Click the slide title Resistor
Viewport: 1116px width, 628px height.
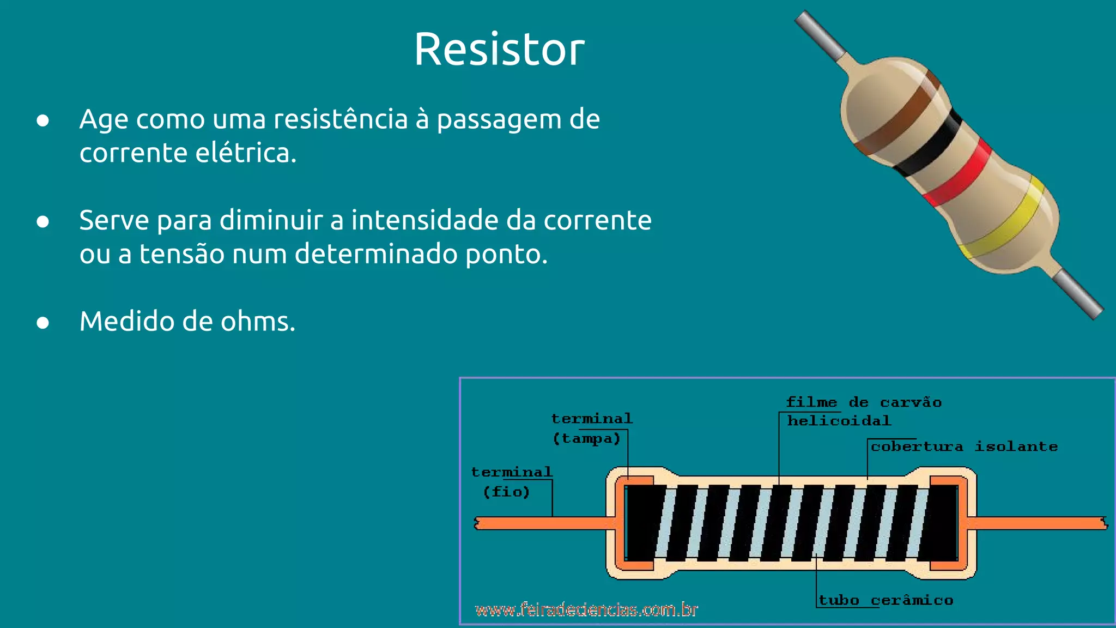[499, 50]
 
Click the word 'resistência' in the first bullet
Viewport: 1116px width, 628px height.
[340, 119]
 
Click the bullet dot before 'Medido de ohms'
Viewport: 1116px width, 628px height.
[43, 323]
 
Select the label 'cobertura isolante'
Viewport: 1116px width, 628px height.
[963, 447]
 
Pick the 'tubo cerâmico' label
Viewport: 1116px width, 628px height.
[885, 601]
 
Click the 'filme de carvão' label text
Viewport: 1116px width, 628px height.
[864, 403]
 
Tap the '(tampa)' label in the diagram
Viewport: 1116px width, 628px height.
[586, 439]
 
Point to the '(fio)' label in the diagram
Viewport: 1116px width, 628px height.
[506, 492]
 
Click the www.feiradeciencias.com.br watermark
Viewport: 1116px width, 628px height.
[586, 609]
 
